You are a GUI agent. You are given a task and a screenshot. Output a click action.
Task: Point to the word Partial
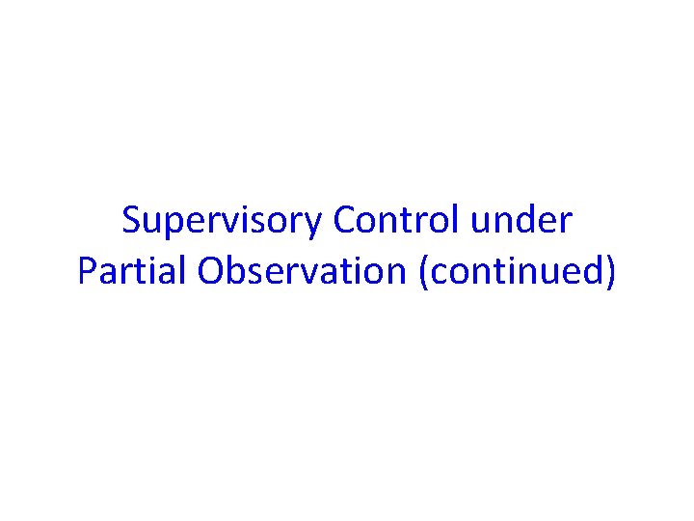133,271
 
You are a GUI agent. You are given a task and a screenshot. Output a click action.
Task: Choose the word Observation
302,271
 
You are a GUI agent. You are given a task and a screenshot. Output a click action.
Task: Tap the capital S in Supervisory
131,221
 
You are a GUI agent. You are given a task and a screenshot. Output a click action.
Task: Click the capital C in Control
343,221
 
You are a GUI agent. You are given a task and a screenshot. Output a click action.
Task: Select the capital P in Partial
86,271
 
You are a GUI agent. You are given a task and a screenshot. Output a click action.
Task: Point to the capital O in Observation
211,271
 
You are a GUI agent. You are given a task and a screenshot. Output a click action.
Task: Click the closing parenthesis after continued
609,272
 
